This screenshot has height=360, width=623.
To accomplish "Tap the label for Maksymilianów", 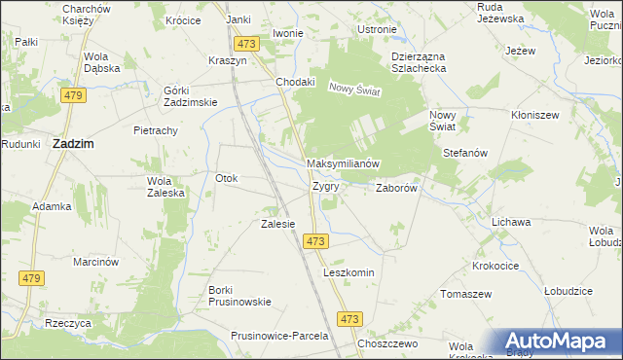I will point(342,163).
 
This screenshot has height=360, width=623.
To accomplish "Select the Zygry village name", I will point(325,185).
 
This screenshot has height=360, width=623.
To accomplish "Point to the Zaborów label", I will point(396,189).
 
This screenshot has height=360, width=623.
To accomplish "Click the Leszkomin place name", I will point(348,273).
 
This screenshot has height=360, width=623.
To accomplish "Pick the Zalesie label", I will point(277,224).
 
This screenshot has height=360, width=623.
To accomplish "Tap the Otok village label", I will point(227,178).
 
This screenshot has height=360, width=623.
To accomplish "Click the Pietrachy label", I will point(155,129).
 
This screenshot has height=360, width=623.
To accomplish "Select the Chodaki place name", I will point(296,82).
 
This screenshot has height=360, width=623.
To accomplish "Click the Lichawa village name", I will point(511,222).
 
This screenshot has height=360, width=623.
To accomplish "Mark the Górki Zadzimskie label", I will point(183,96).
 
